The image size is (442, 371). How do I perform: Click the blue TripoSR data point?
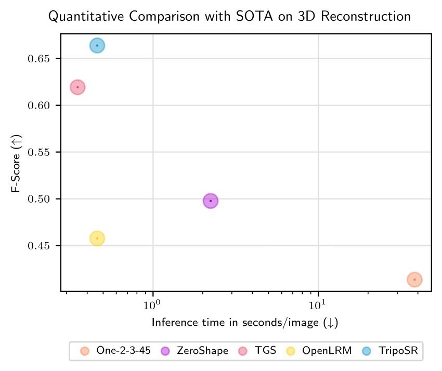point(97,46)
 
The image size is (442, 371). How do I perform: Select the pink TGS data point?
point(77,87)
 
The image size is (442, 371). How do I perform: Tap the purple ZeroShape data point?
point(211,201)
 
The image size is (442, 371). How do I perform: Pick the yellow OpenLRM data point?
point(97,239)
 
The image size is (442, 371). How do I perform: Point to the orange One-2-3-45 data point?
point(414,280)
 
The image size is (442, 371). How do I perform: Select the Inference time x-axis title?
point(245,323)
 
